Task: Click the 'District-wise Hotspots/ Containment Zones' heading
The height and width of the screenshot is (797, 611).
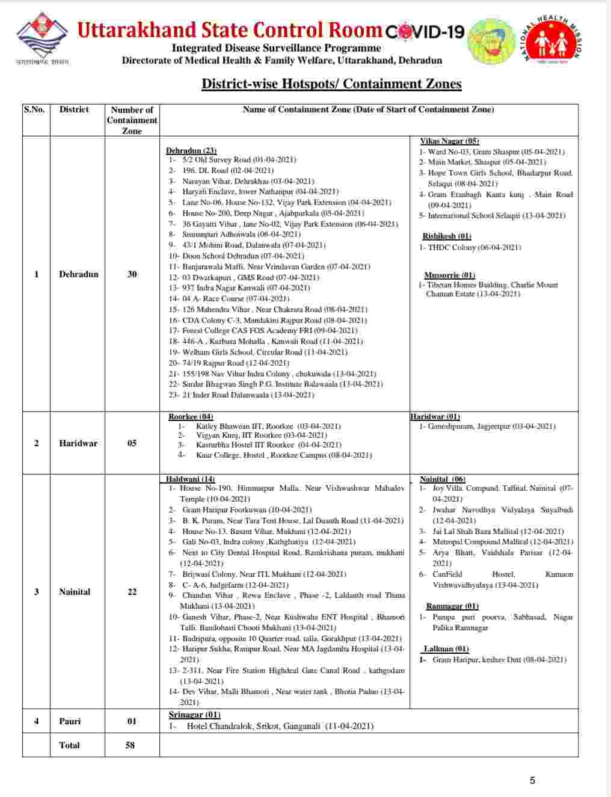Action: coord(331,84)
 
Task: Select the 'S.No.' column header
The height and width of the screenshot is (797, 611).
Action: coord(34,109)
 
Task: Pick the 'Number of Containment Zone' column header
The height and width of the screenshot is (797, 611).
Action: coord(132,120)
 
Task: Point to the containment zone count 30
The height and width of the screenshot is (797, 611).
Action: coord(132,274)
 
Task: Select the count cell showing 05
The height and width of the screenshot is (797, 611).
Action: coord(132,443)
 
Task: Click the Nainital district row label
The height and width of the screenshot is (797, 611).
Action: coord(75,592)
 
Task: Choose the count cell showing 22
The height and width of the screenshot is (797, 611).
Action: coord(132,592)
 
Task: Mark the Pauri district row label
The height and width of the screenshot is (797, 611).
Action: coord(70,721)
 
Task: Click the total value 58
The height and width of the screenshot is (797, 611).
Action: coord(130,745)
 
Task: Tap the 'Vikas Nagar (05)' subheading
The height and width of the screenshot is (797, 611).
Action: coord(449,141)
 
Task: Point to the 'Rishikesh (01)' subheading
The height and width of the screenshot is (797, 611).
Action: coord(447,236)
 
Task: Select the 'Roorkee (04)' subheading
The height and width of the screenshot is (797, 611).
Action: coord(191,417)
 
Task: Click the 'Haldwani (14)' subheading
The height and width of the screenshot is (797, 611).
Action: coord(191,479)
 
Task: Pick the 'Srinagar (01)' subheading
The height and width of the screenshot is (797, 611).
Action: coord(194,715)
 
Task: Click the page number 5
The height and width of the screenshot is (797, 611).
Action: coord(532,781)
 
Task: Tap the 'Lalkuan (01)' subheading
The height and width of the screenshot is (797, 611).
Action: coord(446,649)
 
